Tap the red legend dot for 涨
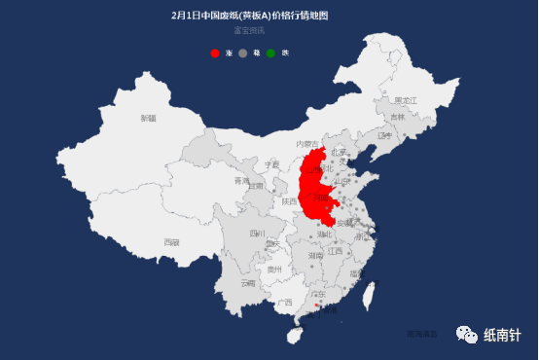(216, 53)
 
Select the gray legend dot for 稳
(243, 53)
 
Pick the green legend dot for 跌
(271, 53)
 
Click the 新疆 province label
(148, 119)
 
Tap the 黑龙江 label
(406, 100)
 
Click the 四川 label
(257, 234)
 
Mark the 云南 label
(248, 283)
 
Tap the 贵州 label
(274, 269)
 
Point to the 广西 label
(285, 303)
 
